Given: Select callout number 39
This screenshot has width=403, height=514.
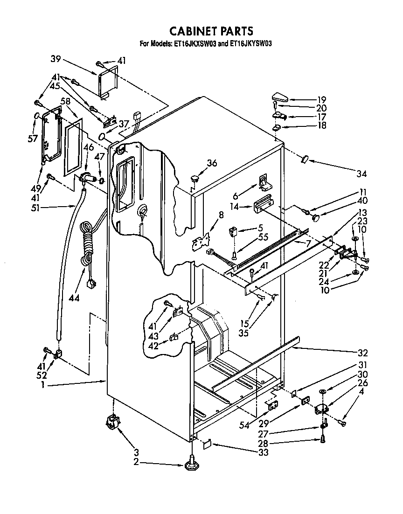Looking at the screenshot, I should [x=56, y=59].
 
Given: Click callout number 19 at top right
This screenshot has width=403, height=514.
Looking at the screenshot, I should [x=321, y=99].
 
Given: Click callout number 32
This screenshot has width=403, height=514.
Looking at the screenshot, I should [x=362, y=353].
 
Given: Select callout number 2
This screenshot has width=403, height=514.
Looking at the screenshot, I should [x=136, y=462].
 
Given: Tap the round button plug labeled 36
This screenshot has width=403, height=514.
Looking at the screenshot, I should [x=195, y=178].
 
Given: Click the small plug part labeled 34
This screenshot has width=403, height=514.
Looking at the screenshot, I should [x=305, y=160].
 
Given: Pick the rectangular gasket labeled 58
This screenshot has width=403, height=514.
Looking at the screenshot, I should [x=73, y=146].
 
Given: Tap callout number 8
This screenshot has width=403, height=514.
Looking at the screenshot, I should [x=221, y=215].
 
